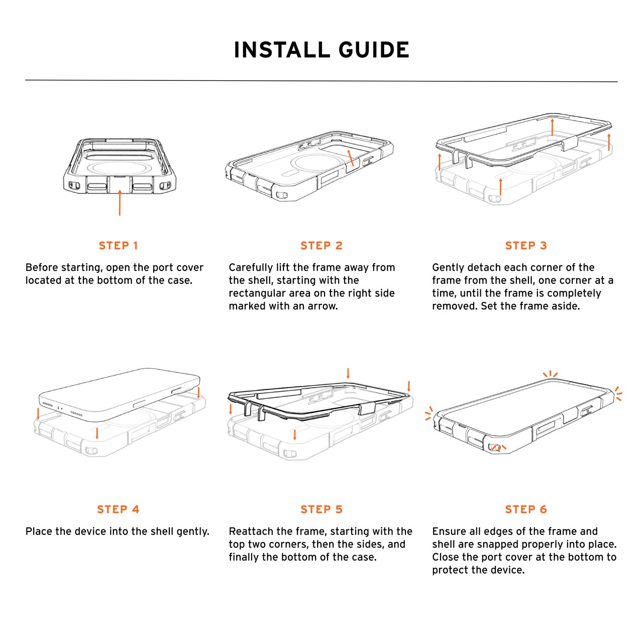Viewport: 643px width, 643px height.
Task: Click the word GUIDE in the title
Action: (x=374, y=50)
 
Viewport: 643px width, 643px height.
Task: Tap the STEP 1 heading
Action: (x=119, y=246)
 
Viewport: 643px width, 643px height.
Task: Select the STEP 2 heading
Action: (x=321, y=246)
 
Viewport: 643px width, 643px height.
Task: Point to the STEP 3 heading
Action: (x=526, y=246)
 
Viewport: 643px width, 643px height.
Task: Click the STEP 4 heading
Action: (x=119, y=509)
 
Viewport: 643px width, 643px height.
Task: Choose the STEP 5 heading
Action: (x=321, y=509)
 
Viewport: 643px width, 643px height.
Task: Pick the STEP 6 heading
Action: (x=526, y=509)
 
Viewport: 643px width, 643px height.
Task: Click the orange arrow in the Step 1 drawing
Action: (x=120, y=202)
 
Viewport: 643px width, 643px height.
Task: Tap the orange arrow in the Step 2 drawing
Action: (x=350, y=158)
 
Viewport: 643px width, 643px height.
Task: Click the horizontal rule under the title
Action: (x=321, y=81)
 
